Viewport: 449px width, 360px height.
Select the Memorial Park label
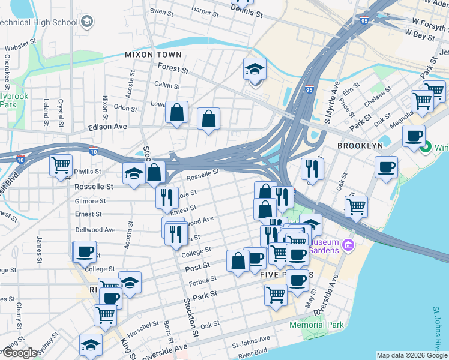pyautogui.click(x=316, y=325)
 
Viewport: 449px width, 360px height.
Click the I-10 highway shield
pyautogui.click(x=93, y=152)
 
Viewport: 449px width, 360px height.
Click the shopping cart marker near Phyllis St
pyautogui.click(x=61, y=165)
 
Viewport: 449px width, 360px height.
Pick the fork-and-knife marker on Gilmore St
pyautogui.click(x=167, y=198)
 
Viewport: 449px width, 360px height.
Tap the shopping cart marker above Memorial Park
pyautogui.click(x=276, y=295)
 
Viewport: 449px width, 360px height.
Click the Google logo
pyautogui.click(x=19, y=353)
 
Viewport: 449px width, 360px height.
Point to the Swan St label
pyautogui.click(x=161, y=11)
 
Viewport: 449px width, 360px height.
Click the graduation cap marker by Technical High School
pyautogui.click(x=88, y=22)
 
